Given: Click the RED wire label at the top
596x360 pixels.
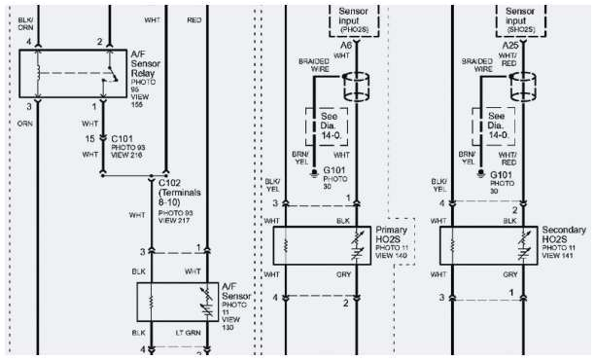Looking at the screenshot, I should (x=193, y=18).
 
